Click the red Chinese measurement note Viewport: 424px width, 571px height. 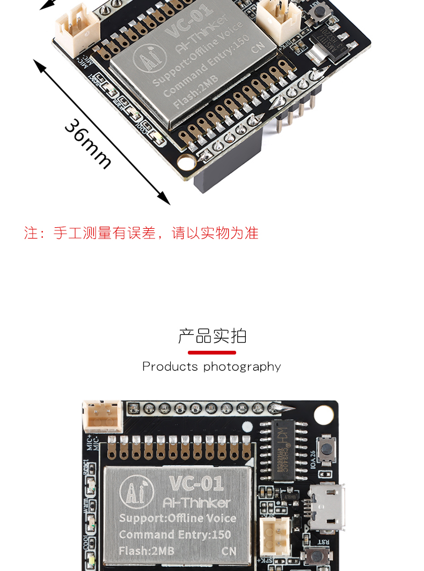pyautogui.click(x=141, y=233)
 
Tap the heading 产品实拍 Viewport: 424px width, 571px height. pyautogui.click(x=212, y=336)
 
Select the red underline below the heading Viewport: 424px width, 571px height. pyautogui.click(x=212, y=352)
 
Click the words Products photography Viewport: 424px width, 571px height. pyautogui.click(x=211, y=366)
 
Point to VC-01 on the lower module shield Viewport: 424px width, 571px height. pyautogui.click(x=196, y=483)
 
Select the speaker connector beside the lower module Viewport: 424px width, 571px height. pyautogui.click(x=275, y=537)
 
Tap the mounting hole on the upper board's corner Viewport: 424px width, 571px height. pyautogui.click(x=187, y=163)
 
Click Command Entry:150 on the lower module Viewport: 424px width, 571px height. pyautogui.click(x=175, y=534)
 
